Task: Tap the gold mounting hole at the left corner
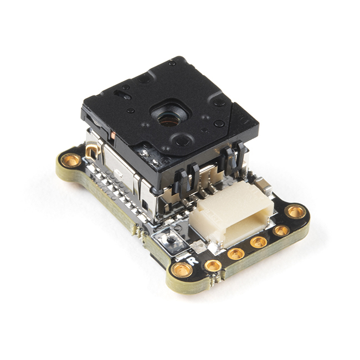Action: pyautogui.click(x=71, y=161)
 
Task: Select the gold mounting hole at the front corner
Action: pyautogui.click(x=181, y=270)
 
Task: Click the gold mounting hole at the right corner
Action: pyautogui.click(x=296, y=211)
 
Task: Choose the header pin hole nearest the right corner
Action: pyautogui.click(x=281, y=230)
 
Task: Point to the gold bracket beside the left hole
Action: pyautogui.click(x=91, y=151)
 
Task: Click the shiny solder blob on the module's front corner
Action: pyautogui.click(x=150, y=157)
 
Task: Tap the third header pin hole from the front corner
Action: pyautogui.click(x=259, y=242)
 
